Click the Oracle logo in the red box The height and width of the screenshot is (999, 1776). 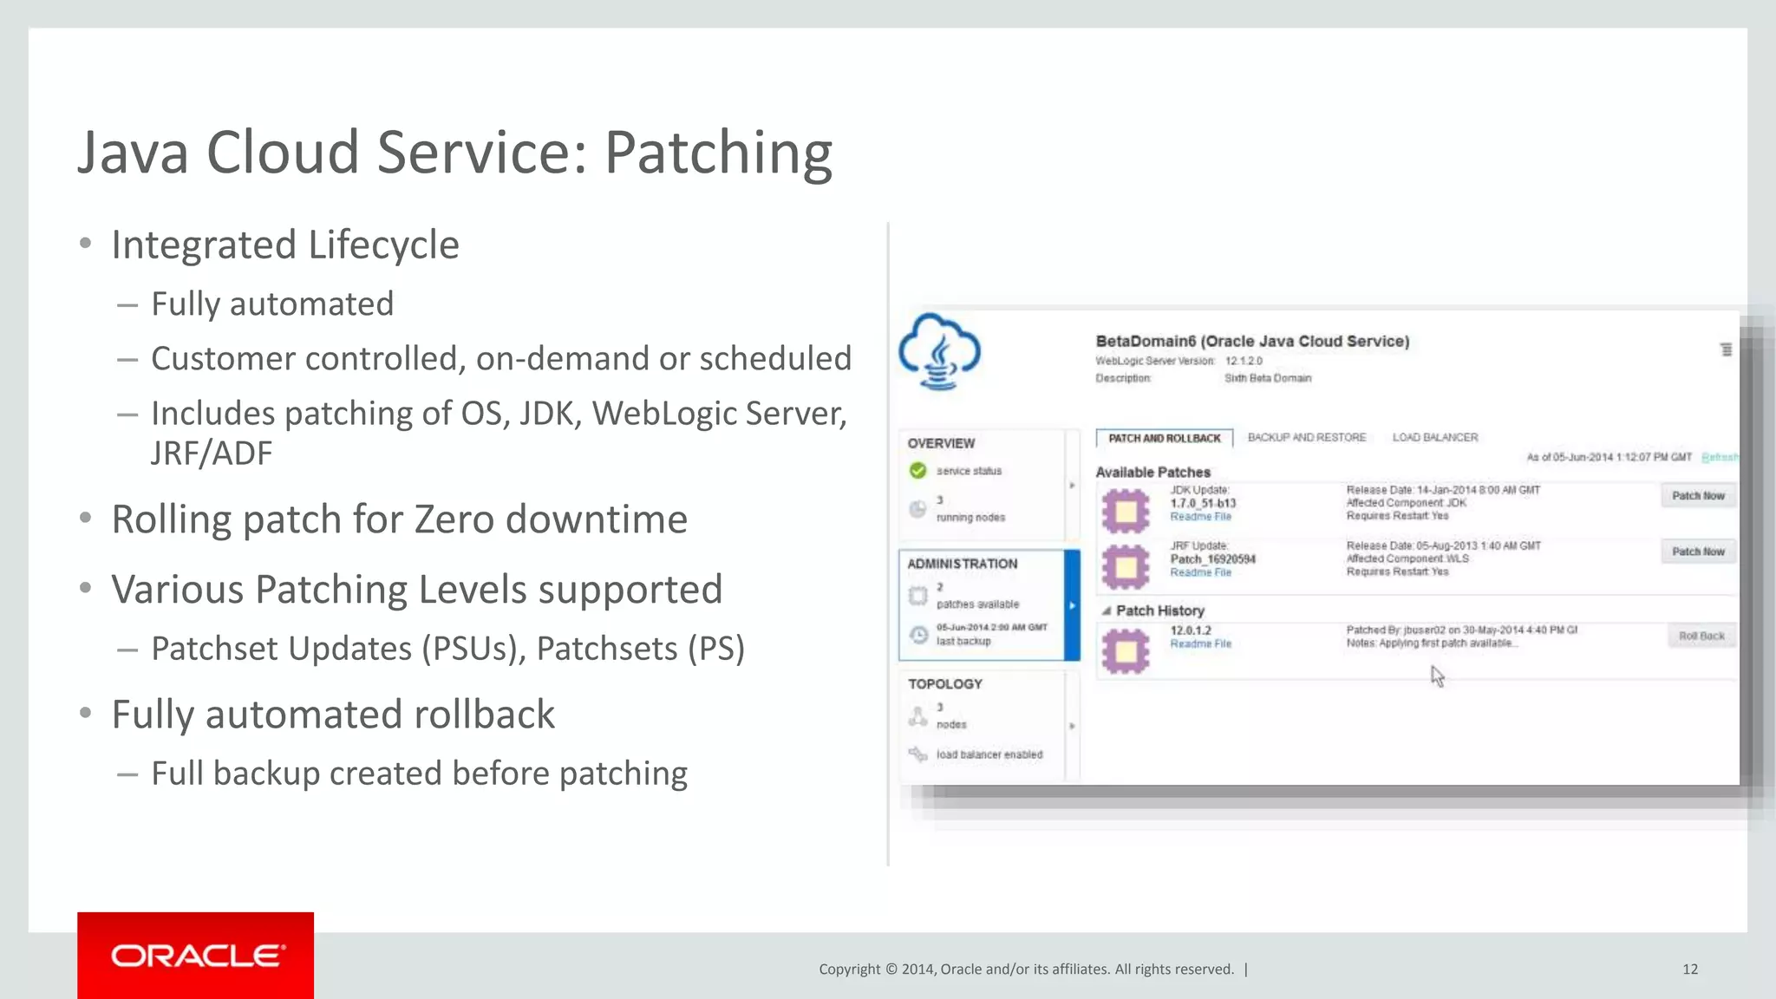(196, 956)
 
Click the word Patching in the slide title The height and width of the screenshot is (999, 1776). (718, 153)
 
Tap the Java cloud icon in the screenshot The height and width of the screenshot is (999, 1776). (940, 352)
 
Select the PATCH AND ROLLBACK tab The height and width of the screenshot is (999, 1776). (1164, 438)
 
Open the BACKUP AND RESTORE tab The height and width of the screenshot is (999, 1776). (1306, 437)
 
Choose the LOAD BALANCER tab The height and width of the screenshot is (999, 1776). (1434, 437)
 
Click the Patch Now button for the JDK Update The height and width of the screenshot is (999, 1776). (1697, 496)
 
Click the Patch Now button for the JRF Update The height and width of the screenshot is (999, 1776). (1697, 552)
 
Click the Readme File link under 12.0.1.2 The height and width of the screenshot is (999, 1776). (1200, 643)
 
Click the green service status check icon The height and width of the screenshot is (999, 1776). (917, 471)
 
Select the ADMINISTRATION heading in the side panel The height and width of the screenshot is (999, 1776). (962, 564)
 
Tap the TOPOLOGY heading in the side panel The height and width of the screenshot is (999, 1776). (944, 684)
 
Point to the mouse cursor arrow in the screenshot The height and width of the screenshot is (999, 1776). (1436, 675)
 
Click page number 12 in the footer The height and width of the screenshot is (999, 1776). (1689, 969)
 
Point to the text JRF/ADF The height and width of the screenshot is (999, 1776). (211, 454)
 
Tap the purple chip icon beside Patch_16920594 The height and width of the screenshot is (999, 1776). (1126, 566)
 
